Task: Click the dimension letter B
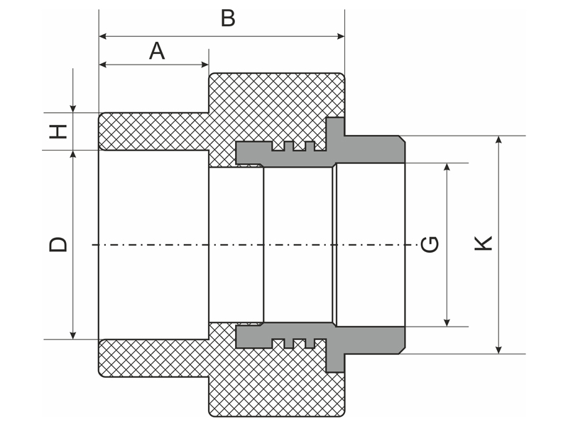coord(228,18)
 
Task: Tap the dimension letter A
coord(157,50)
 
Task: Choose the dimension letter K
coord(483,244)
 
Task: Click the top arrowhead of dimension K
coord(499,140)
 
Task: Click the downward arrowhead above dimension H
coord(73,108)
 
